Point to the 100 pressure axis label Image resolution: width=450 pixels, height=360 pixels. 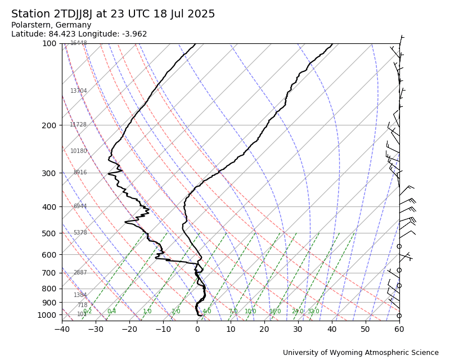[49, 43]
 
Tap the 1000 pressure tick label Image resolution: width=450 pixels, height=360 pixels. [47, 315]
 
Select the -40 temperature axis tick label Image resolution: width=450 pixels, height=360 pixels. [62, 329]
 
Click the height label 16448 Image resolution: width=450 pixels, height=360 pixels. [78, 43]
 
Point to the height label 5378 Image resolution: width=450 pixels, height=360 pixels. [80, 233]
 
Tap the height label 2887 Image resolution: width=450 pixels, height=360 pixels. [80, 273]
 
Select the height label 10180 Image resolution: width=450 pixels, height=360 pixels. [78, 151]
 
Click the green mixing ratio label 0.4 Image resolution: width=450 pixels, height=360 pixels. [111, 312]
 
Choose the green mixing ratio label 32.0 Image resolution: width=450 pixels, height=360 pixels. [313, 312]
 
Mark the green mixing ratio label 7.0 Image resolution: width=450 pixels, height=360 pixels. [233, 312]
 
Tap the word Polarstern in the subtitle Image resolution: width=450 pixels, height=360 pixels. [33, 25]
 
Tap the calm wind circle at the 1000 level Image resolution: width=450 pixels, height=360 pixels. [399, 316]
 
